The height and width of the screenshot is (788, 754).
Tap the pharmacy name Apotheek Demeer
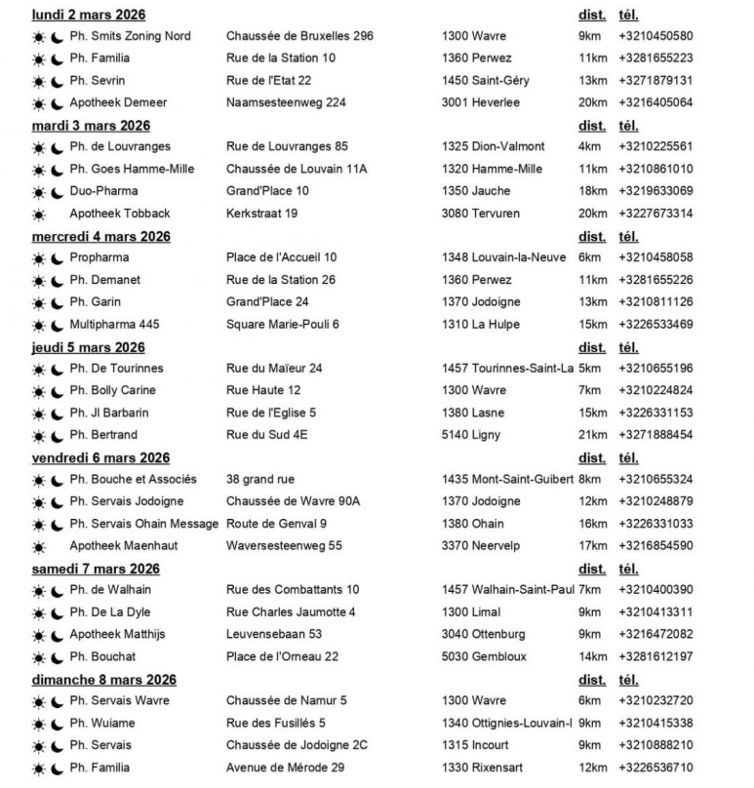click(118, 102)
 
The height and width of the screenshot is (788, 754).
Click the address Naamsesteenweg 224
click(285, 102)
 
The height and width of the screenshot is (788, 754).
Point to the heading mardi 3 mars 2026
click(92, 126)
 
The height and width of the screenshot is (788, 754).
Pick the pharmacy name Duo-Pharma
click(103, 191)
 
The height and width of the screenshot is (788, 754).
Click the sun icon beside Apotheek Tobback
click(39, 214)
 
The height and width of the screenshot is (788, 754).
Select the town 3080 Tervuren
click(481, 214)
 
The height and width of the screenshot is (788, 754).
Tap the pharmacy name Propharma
click(99, 257)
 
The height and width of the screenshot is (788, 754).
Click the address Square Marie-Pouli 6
click(283, 324)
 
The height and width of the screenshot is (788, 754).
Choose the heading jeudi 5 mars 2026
click(89, 347)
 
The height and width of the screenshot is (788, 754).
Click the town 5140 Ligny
click(471, 435)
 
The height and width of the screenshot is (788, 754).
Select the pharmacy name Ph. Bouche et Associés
click(133, 479)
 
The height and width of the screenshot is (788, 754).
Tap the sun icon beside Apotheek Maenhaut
click(39, 546)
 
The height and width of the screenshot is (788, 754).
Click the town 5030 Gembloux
click(484, 656)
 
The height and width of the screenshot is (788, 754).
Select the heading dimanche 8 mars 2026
click(104, 680)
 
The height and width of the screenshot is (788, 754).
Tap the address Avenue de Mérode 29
click(285, 768)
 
